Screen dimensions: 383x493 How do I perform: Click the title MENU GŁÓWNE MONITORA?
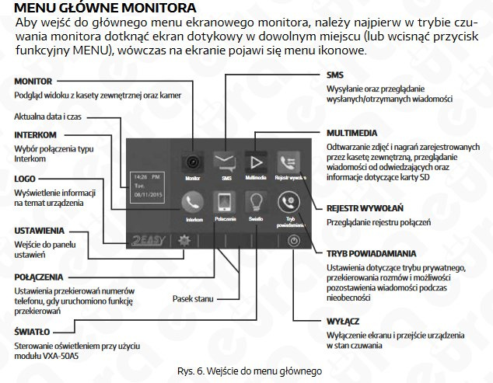click(96, 9)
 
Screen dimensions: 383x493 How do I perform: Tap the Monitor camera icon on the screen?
click(192, 161)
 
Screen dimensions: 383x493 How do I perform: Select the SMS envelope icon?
click(226, 161)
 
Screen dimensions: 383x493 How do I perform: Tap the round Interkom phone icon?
click(192, 203)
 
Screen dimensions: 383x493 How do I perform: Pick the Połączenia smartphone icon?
click(225, 203)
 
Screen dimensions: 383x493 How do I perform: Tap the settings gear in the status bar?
click(184, 241)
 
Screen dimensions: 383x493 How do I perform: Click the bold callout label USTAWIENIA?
click(40, 231)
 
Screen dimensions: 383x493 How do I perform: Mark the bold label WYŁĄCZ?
click(343, 321)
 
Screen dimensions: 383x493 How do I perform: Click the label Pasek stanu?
click(194, 298)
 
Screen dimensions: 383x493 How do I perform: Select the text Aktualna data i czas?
click(47, 116)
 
